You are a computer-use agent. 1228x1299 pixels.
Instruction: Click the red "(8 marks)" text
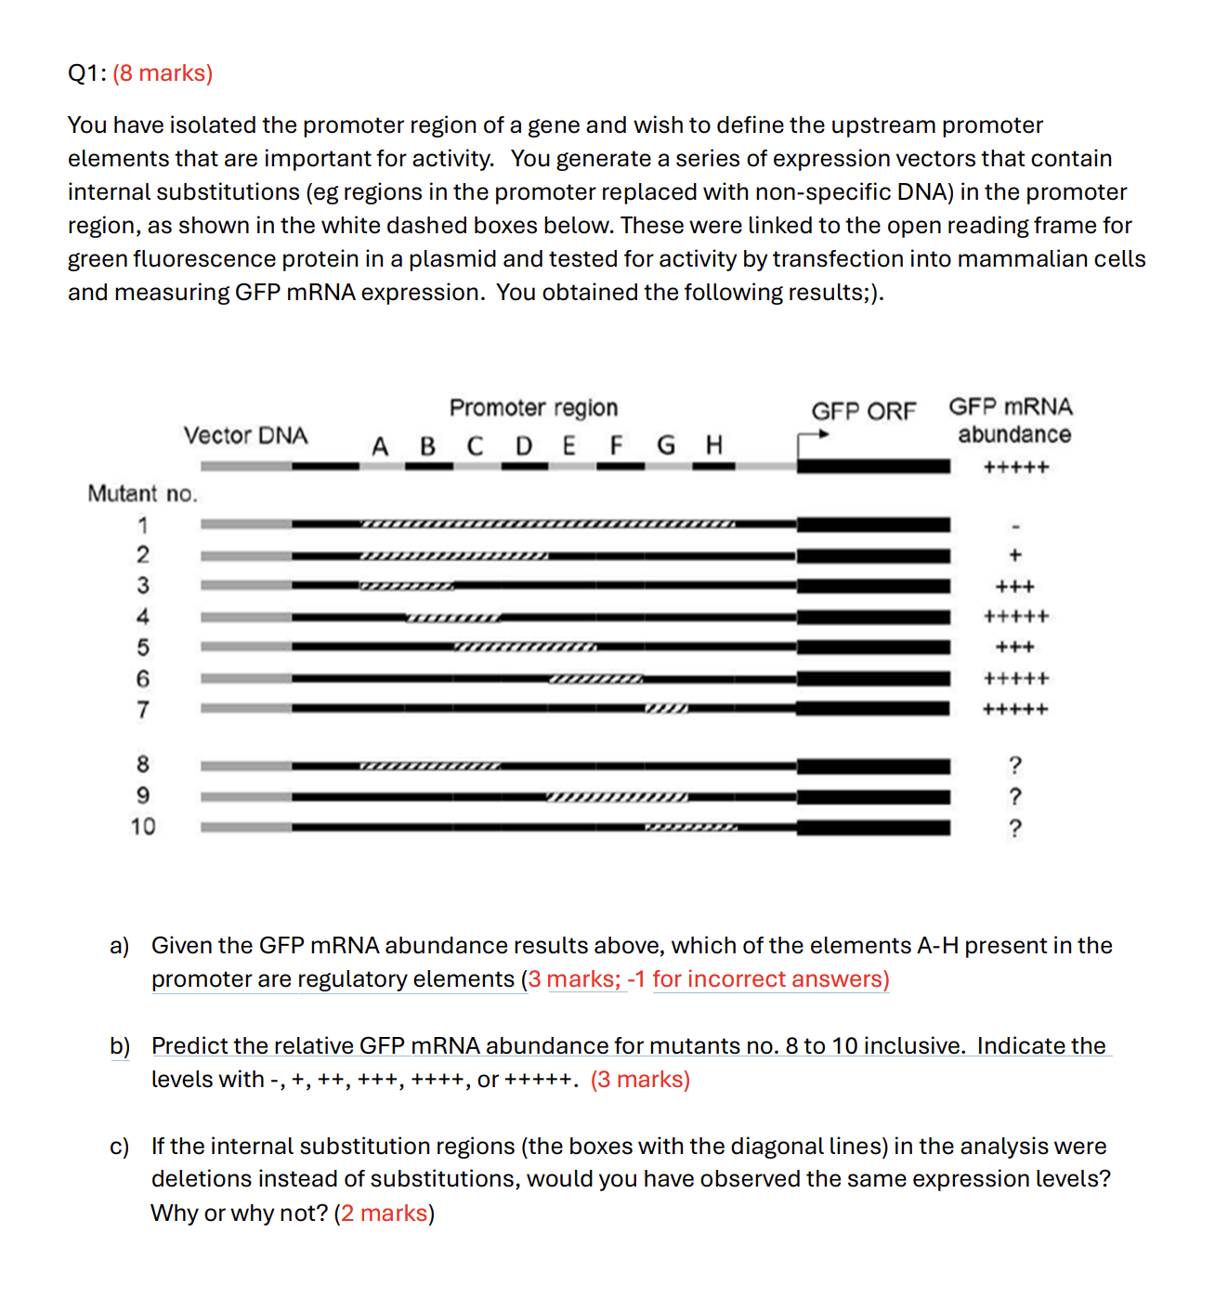(x=163, y=73)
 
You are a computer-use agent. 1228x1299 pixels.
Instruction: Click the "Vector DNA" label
(x=245, y=436)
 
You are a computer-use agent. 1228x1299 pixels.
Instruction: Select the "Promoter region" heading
(x=533, y=408)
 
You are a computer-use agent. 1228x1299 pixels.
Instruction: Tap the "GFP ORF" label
(x=863, y=411)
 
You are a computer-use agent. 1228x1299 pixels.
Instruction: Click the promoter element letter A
(x=380, y=447)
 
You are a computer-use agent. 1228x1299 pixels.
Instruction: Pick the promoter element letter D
(x=524, y=447)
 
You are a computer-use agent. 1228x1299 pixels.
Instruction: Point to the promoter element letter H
(x=713, y=445)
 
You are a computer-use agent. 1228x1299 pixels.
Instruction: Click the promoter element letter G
(x=666, y=446)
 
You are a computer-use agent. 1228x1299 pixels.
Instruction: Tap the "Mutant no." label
(x=142, y=493)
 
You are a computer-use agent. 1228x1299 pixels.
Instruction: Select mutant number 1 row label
(x=142, y=525)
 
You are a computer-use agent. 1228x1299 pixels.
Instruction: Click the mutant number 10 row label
(x=142, y=826)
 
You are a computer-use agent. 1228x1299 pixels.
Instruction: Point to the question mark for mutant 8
(x=1014, y=765)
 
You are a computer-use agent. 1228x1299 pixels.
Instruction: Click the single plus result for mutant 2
(x=1014, y=556)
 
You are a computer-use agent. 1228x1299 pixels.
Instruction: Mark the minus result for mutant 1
(x=1014, y=526)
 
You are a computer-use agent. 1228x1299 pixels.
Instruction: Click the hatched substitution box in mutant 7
(x=667, y=709)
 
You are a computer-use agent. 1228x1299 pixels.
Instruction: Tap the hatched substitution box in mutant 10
(x=691, y=827)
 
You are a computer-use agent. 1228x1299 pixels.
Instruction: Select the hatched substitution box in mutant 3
(x=407, y=586)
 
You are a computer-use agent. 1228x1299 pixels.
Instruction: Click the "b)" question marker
(x=120, y=1046)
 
